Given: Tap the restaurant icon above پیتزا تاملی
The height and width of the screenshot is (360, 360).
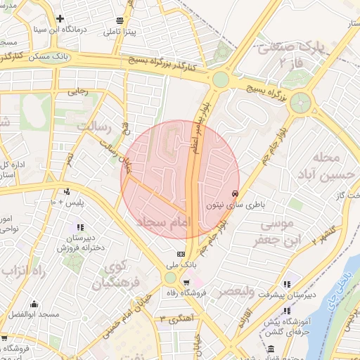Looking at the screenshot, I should point(120,20).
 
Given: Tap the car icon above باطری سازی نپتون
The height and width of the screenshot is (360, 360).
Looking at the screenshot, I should point(234,194).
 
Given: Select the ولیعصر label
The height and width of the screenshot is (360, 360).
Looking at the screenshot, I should point(240,290).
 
